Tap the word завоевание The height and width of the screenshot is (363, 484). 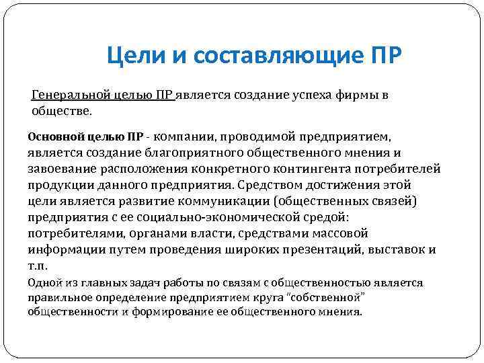57,169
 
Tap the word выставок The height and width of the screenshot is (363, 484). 402,250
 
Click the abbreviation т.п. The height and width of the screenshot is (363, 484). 36,266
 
